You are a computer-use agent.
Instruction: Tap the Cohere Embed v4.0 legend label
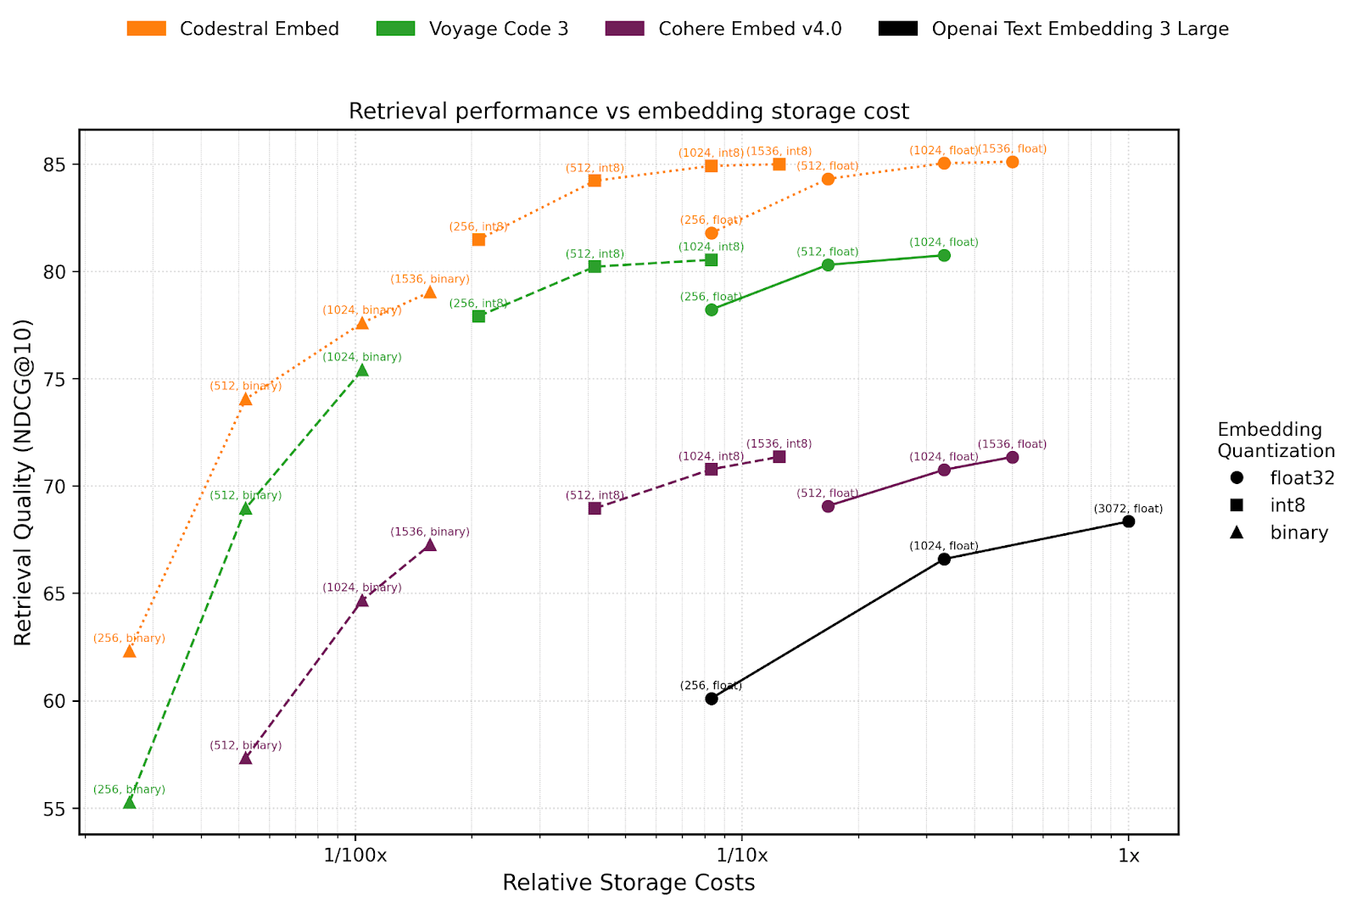pos(750,29)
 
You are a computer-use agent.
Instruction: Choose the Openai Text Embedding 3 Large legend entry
pos(1080,29)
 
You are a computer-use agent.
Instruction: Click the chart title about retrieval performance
pos(628,111)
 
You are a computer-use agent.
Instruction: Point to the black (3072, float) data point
pos(1128,521)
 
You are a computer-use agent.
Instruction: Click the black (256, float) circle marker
pos(712,699)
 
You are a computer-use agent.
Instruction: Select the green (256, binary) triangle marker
pos(129,802)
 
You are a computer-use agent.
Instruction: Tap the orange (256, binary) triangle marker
pos(129,651)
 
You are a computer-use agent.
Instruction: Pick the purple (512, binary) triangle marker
pos(246,758)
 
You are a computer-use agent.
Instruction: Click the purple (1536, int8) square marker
pos(779,457)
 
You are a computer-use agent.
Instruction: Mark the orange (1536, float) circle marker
pos(1013,162)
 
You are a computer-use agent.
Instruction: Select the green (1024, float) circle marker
pos(944,255)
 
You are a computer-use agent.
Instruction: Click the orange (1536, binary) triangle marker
pos(430,292)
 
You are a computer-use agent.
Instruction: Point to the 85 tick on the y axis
pos(58,164)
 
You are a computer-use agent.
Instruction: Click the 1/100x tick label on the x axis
pos(355,855)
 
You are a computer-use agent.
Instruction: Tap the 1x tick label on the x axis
pos(1128,855)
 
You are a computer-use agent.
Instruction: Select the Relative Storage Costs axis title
pos(628,883)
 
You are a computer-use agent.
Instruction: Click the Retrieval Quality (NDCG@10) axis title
pos(23,482)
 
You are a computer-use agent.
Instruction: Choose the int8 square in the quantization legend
pos(1237,505)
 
